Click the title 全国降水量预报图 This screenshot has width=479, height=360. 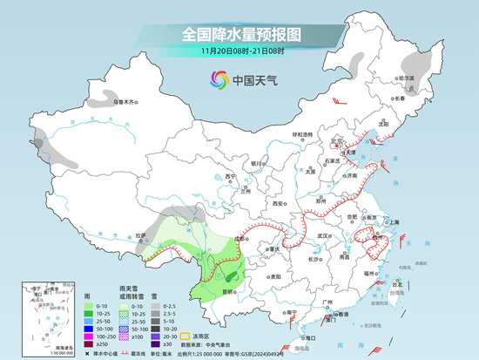tap(240, 35)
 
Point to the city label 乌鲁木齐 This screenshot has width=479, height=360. tap(127, 102)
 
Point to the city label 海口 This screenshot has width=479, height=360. tap(305, 336)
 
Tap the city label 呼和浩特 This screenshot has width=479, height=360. tap(301, 134)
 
